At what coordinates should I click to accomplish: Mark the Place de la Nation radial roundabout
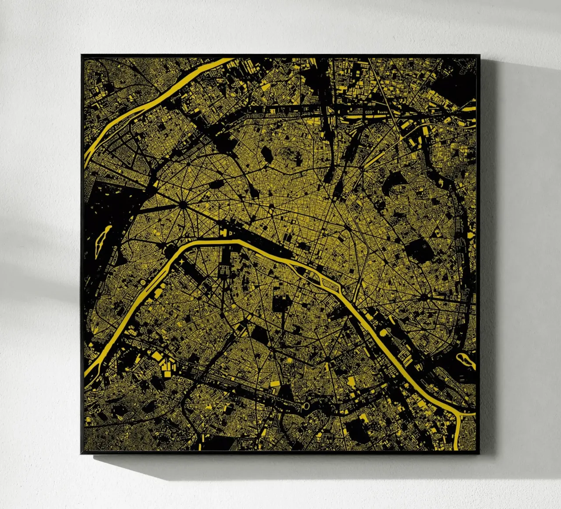pyautogui.click(x=424, y=297)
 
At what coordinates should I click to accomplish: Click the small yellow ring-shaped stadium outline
pyautogui.click(x=305, y=407)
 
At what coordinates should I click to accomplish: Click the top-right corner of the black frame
pyautogui.click(x=479, y=55)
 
